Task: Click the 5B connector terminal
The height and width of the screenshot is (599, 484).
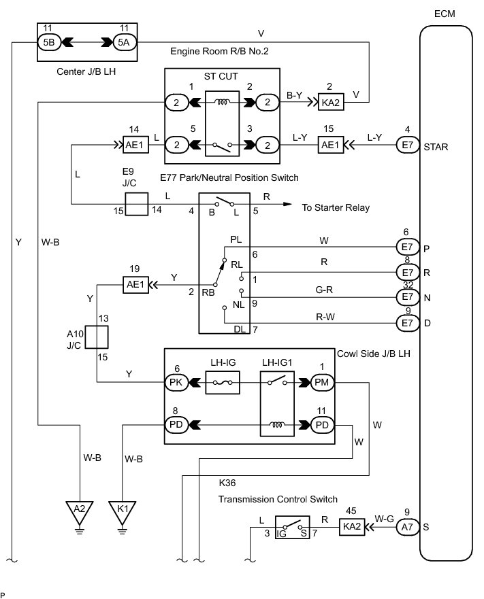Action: point(49,42)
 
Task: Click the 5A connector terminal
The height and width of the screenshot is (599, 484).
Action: point(125,42)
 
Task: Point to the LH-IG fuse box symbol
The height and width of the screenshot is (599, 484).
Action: point(223,382)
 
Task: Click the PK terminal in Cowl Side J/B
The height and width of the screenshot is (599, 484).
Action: point(176,382)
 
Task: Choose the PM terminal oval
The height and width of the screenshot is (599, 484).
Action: point(322,382)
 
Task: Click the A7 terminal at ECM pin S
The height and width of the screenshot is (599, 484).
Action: point(407,527)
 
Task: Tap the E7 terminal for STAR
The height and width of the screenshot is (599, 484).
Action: point(407,146)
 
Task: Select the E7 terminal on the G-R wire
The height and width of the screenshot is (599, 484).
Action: point(407,297)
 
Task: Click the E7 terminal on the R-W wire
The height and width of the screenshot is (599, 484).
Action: point(407,323)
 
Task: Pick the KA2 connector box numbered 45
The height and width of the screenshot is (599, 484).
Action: point(352,527)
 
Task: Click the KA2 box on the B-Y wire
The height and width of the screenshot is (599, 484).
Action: point(331,103)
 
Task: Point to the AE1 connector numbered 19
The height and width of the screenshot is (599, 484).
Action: point(135,285)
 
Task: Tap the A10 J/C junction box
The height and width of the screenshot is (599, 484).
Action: point(97,337)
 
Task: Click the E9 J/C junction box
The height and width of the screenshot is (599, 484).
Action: point(137,204)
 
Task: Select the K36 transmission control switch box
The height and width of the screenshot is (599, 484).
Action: point(292,528)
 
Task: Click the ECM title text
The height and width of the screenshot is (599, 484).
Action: point(445,14)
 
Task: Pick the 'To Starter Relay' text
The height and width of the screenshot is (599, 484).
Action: point(336,207)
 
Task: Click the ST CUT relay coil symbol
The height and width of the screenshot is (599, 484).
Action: point(222,103)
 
